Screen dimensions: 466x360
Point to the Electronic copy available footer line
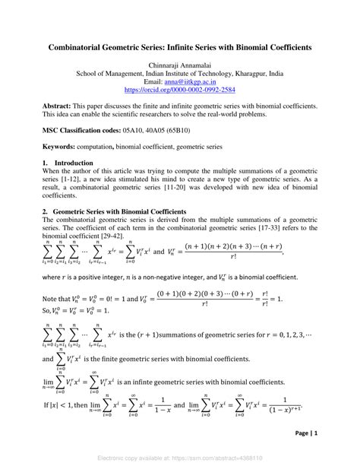pos(180,459)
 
